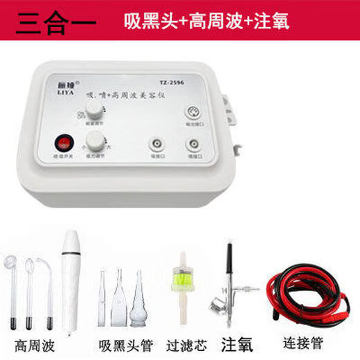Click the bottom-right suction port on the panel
pyautogui.click(x=192, y=147)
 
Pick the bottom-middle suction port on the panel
pyautogui.click(x=154, y=147)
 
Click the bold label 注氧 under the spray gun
pyautogui.click(x=235, y=343)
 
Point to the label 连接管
pyautogui.click(x=303, y=343)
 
